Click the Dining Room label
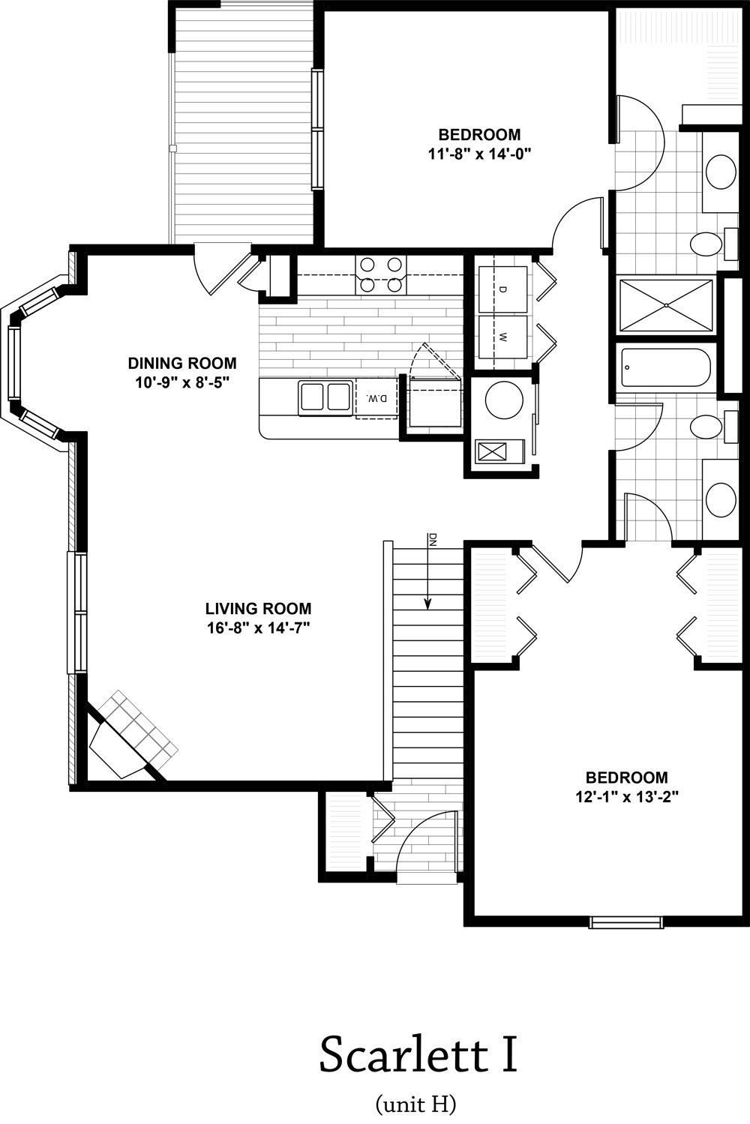182,362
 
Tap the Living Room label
259,608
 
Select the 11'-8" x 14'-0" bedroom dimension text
479,154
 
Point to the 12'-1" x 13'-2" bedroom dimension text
627,797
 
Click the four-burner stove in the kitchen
381,275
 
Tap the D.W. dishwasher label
377,399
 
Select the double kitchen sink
325,397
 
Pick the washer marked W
502,337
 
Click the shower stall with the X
666,306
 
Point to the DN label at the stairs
433,540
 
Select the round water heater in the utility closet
504,400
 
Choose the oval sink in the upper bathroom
721,172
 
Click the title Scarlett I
418,1054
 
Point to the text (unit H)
415,1104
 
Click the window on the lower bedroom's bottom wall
626,922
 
